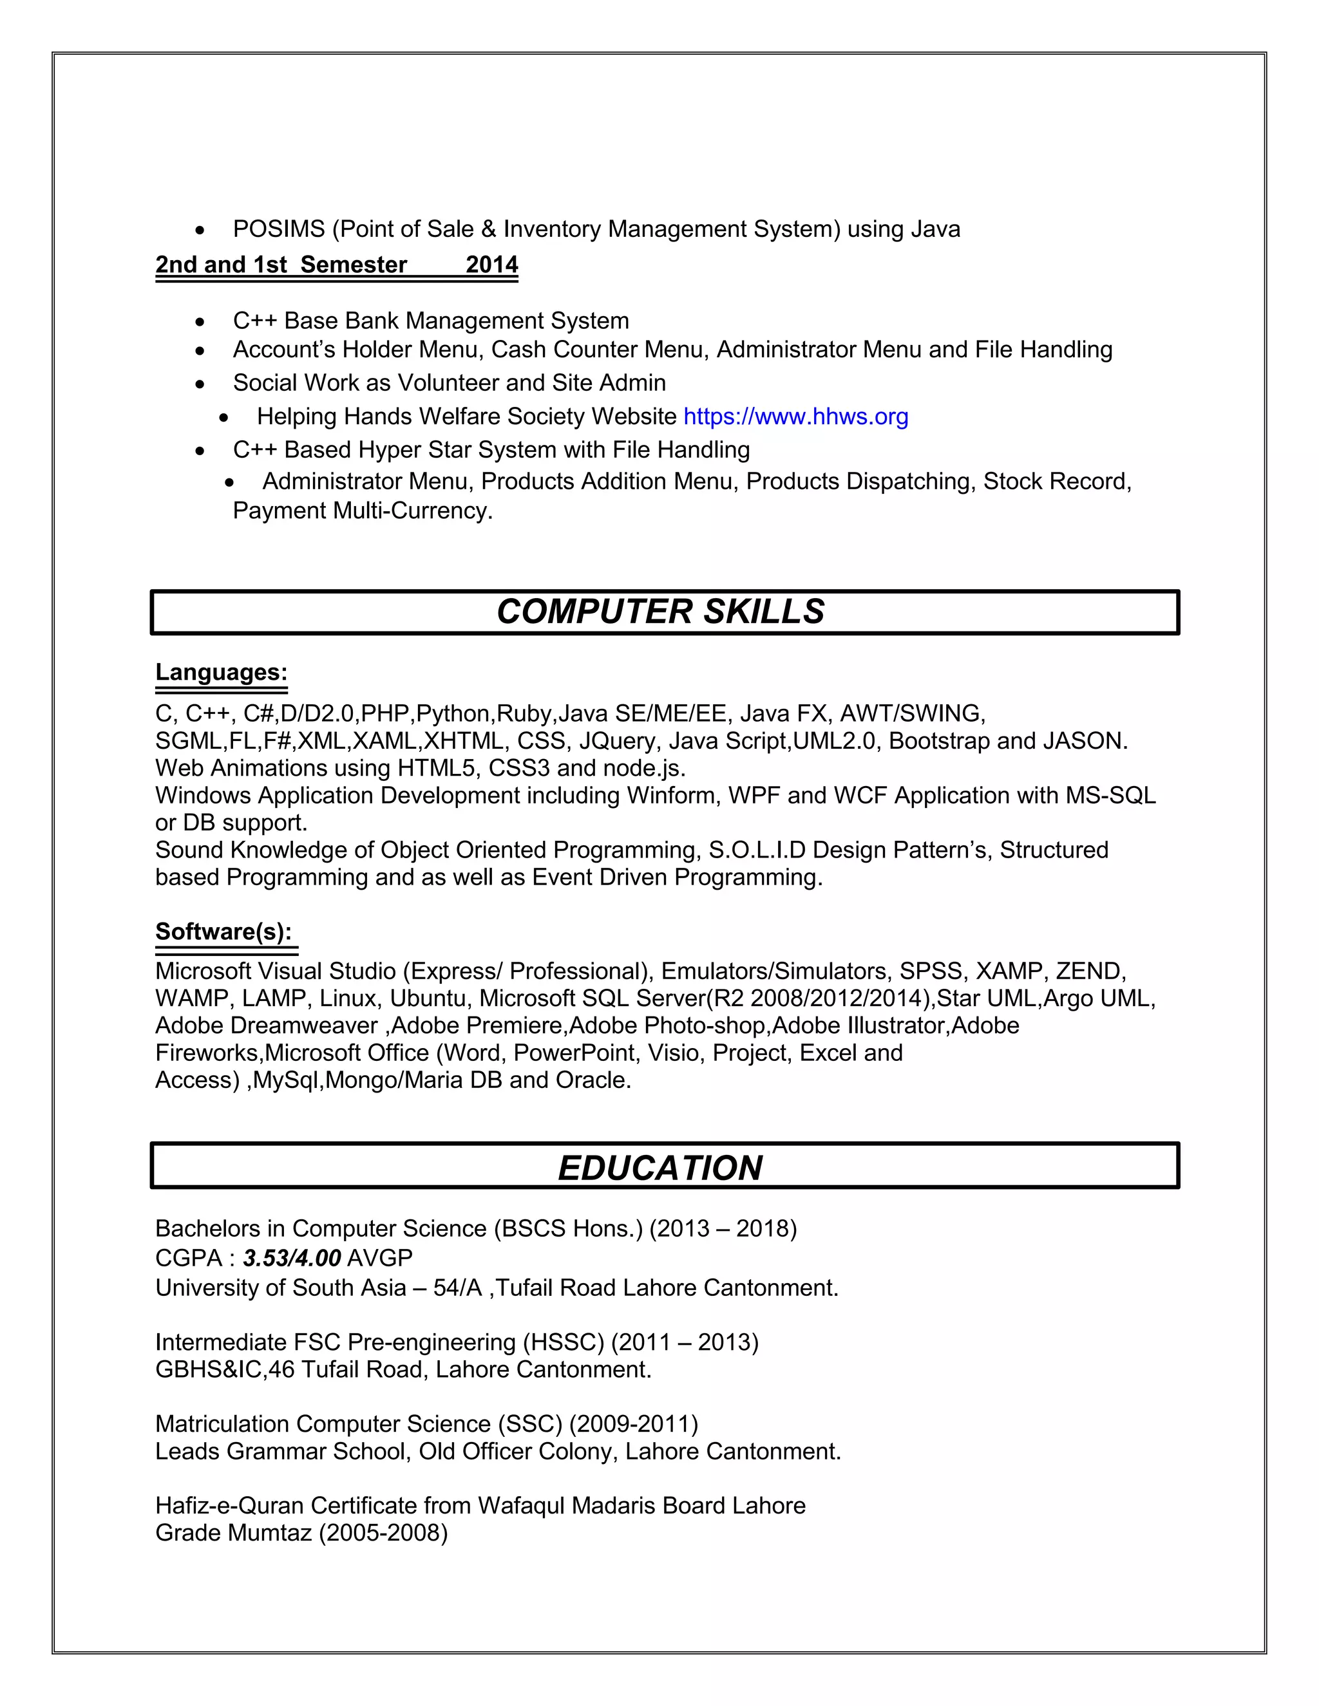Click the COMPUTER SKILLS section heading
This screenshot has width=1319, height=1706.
[x=660, y=612]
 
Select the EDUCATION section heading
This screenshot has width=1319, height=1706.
[x=660, y=1168]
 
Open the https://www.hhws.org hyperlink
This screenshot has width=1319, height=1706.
[x=795, y=417]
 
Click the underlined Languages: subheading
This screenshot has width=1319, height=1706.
[x=221, y=673]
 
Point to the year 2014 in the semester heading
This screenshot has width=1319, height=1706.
[x=491, y=265]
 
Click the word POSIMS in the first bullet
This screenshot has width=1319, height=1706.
[x=279, y=230]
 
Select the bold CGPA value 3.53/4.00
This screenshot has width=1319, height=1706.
[x=292, y=1258]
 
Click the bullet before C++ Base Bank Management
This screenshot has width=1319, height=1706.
[x=201, y=322]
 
